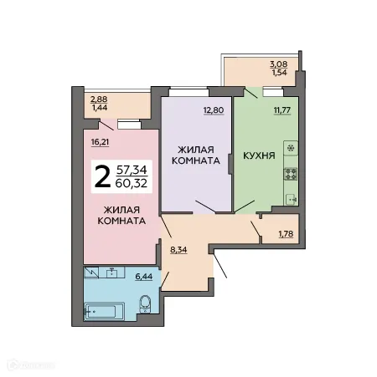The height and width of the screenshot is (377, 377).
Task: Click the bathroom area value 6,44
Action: (x=145, y=276)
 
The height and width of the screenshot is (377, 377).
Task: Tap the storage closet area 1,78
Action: (x=287, y=233)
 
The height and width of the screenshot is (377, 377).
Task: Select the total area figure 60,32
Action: (x=135, y=184)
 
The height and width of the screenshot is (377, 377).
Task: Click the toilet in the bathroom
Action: (x=144, y=304)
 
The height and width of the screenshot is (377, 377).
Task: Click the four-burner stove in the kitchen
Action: (x=291, y=176)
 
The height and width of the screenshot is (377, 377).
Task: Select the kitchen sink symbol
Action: (x=291, y=199)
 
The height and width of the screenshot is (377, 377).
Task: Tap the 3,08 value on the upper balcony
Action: (x=278, y=64)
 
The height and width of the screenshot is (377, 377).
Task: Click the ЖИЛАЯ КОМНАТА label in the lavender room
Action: (x=198, y=154)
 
